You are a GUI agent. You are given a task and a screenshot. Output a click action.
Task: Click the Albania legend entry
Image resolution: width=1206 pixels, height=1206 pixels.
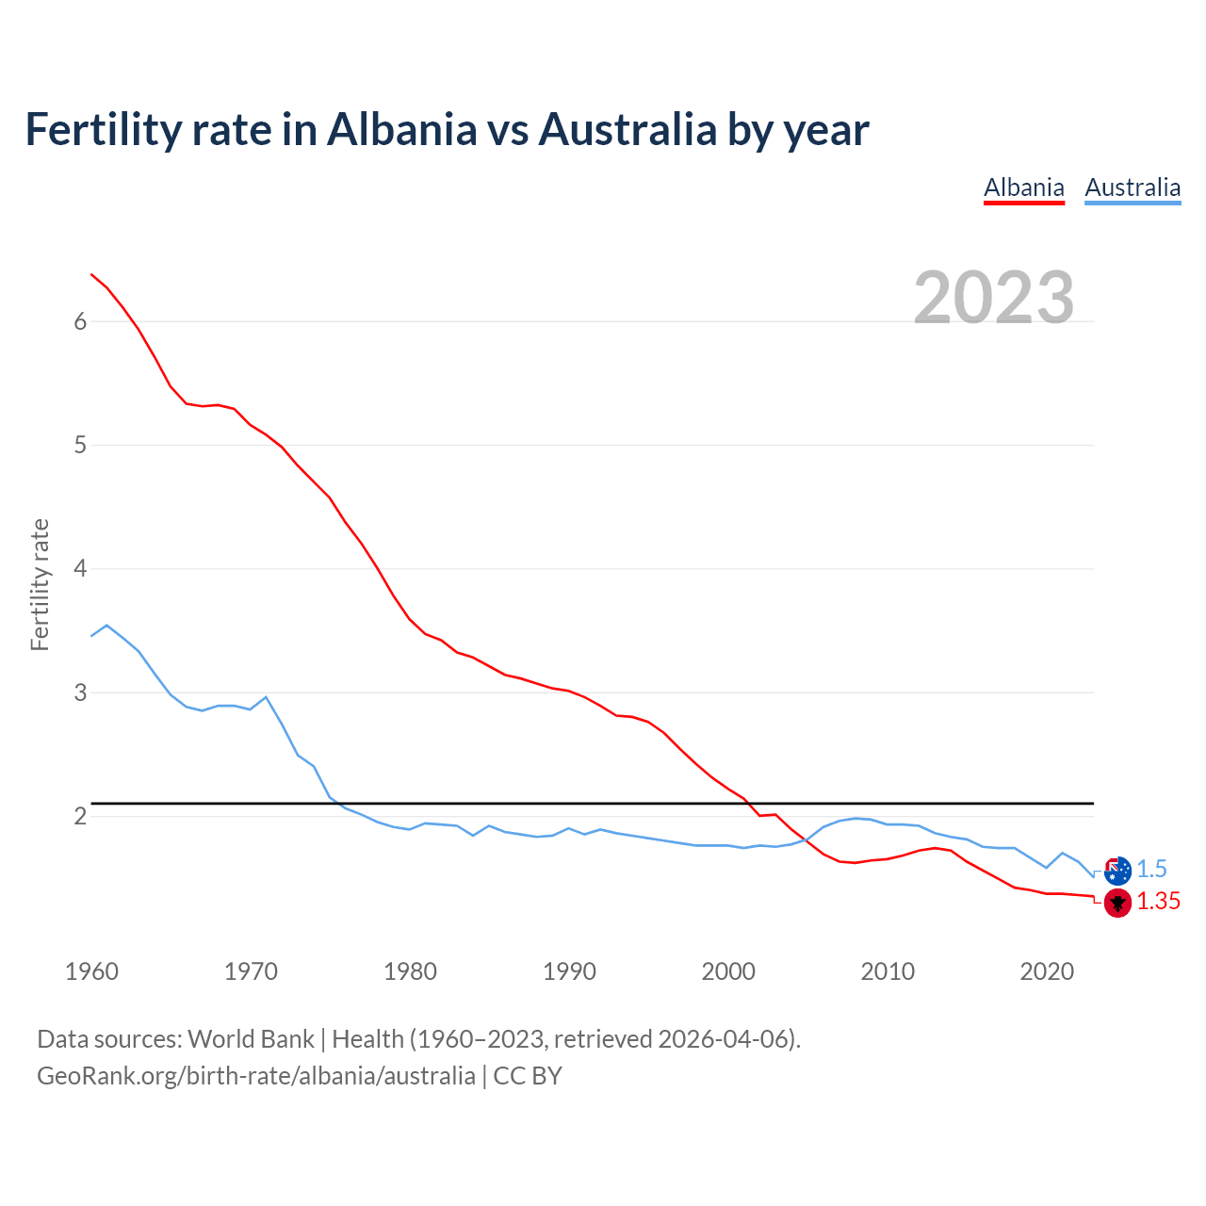[1023, 188]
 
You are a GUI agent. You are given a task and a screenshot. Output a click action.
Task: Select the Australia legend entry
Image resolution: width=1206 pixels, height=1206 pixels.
[1133, 188]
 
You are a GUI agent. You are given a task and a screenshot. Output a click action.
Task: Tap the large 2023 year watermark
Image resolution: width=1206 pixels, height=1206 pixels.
[994, 298]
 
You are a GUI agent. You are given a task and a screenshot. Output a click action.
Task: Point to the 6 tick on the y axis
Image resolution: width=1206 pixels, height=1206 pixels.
[80, 321]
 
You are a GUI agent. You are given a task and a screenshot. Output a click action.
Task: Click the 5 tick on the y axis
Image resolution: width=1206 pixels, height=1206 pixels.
[80, 445]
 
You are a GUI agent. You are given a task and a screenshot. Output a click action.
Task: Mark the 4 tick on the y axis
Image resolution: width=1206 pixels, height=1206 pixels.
[80, 569]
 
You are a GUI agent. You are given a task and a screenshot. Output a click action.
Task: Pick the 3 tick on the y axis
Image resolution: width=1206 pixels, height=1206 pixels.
[80, 693]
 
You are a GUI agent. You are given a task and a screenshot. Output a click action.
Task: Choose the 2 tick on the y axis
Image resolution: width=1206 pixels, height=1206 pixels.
[80, 816]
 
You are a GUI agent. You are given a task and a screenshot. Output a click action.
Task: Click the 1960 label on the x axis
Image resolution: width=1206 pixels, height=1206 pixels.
[91, 971]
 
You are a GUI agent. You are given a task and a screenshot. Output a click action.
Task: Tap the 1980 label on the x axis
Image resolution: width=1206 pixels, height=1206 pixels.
[410, 971]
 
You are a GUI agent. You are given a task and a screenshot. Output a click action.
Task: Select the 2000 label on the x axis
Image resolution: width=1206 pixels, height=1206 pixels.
[728, 971]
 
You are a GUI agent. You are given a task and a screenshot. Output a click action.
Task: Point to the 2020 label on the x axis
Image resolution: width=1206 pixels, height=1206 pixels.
[1047, 971]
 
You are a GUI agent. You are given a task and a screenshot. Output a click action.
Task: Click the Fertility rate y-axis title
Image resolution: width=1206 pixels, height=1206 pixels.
[40, 584]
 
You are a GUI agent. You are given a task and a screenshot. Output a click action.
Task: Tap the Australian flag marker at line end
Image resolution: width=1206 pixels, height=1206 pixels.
[1117, 871]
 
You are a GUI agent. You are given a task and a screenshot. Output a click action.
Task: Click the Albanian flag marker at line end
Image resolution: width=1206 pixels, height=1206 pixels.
[1117, 903]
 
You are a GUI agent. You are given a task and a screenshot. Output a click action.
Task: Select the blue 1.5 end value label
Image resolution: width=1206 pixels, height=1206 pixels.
[1151, 870]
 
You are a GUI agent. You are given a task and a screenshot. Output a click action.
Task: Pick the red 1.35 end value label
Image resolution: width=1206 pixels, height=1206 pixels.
[1158, 902]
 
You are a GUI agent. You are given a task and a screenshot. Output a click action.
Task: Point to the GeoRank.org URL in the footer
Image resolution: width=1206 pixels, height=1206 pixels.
[256, 1076]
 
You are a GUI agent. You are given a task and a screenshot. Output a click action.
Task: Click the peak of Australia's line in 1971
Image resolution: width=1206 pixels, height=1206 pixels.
[266, 697]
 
